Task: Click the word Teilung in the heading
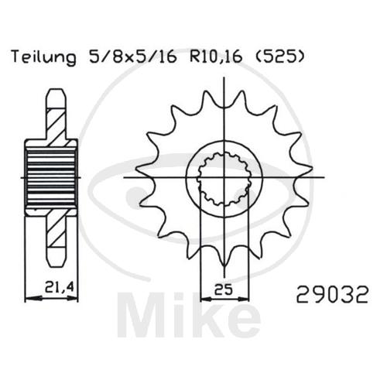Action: coord(44,57)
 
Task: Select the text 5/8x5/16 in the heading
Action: coord(133,57)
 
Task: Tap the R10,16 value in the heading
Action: coord(216,57)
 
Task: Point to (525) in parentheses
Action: coord(279,57)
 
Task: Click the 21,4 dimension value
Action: coord(59,287)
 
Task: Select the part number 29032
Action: coord(332,294)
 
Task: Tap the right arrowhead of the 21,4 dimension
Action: coord(72,299)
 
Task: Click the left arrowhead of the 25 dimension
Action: coord(207,299)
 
